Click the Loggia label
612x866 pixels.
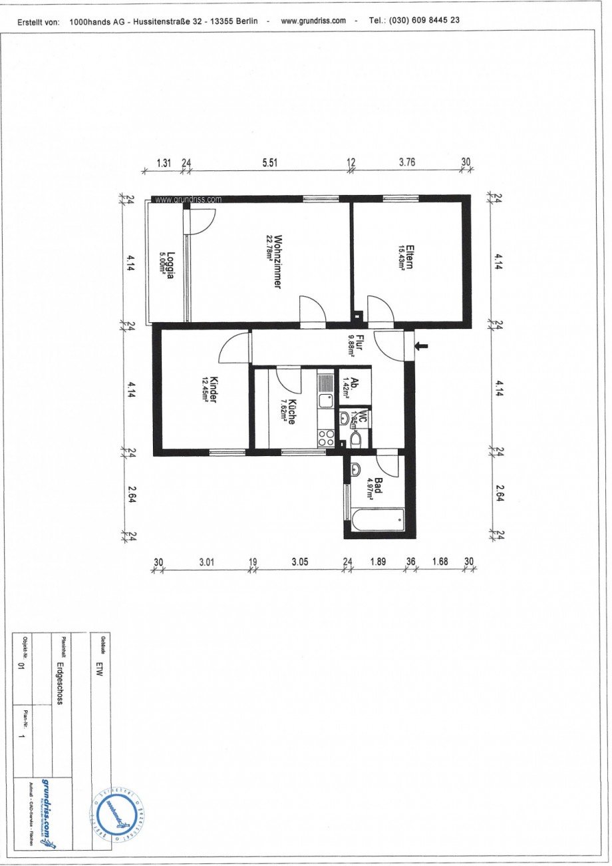pyautogui.click(x=168, y=265)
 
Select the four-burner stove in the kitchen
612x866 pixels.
pyautogui.click(x=326, y=437)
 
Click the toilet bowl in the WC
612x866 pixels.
pyautogui.click(x=355, y=439)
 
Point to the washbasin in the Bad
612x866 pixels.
pyautogui.click(x=355, y=469)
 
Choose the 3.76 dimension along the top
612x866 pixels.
pyautogui.click(x=406, y=162)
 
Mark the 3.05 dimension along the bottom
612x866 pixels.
pyautogui.click(x=300, y=562)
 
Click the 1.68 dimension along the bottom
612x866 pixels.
pyautogui.click(x=440, y=562)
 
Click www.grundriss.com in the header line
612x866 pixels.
pyautogui.click(x=313, y=21)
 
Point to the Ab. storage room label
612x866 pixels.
pyautogui.click(x=353, y=386)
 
